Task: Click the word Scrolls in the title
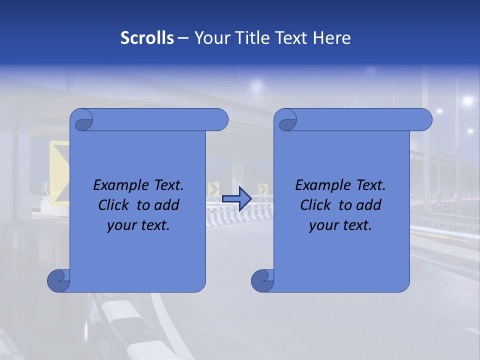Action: tap(147, 38)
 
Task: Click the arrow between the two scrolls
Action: tap(236, 199)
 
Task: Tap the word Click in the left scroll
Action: tap(115, 205)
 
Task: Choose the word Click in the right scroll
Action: tap(317, 205)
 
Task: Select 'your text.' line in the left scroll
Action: tap(138, 225)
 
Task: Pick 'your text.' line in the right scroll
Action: tap(340, 225)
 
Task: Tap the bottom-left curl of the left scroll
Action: tap(59, 281)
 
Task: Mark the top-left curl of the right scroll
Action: tap(287, 122)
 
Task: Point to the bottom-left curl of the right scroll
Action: tap(263, 281)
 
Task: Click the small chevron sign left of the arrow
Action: tap(213, 189)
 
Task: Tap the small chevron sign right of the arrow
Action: tap(263, 189)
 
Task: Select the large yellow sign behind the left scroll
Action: tap(59, 172)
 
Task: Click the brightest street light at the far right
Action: tap(467, 100)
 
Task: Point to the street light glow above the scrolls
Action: tap(257, 85)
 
